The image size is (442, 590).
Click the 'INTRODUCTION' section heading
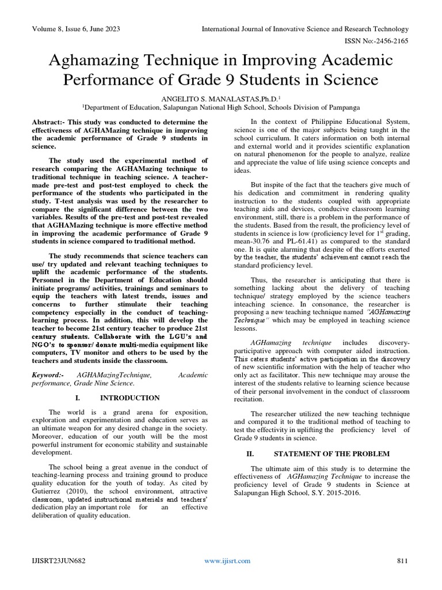pyautogui.click(x=129, y=398)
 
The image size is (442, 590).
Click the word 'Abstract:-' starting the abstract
pyautogui.click(x=48, y=122)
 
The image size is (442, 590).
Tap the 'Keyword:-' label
pyautogui.click(x=47, y=375)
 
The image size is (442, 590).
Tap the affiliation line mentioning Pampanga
pyautogui.click(x=221, y=107)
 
